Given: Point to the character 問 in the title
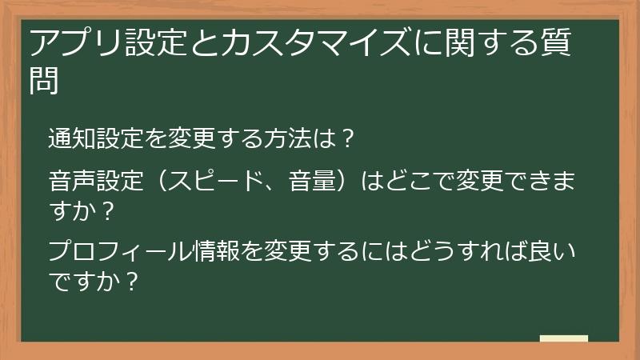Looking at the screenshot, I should (x=45, y=79).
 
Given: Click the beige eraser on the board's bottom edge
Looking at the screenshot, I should (x=563, y=338).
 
